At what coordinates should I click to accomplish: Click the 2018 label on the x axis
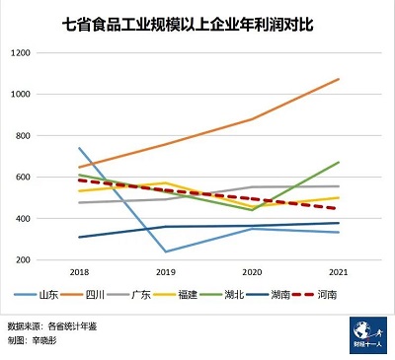click(x=78, y=271)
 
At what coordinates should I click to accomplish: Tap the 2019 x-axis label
click(x=165, y=271)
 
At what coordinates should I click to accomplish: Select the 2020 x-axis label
click(x=253, y=271)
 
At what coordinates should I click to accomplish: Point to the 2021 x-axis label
click(x=339, y=271)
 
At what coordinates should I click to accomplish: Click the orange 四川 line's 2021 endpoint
click(x=339, y=79)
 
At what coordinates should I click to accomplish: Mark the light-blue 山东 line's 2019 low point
click(x=165, y=252)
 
